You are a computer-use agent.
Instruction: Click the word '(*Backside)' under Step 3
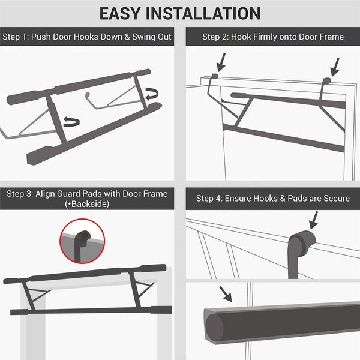click(87, 205)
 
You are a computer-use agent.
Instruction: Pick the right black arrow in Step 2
click(335, 65)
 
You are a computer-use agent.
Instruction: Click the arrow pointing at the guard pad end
click(226, 293)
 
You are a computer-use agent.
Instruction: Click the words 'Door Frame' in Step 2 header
click(321, 37)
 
